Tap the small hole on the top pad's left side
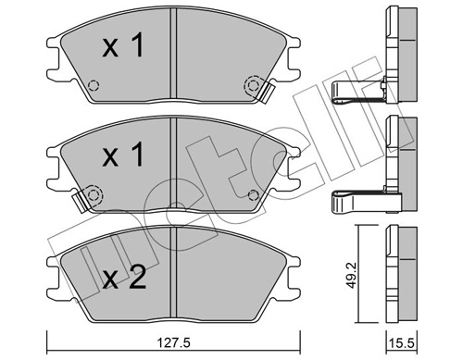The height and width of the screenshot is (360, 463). (91, 88)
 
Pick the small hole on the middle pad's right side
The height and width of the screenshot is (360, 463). (254, 192)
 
